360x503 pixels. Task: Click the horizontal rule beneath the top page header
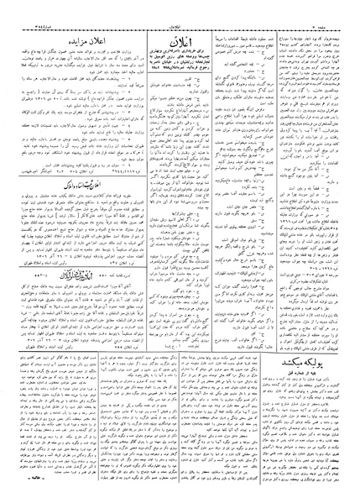pos(180,14)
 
